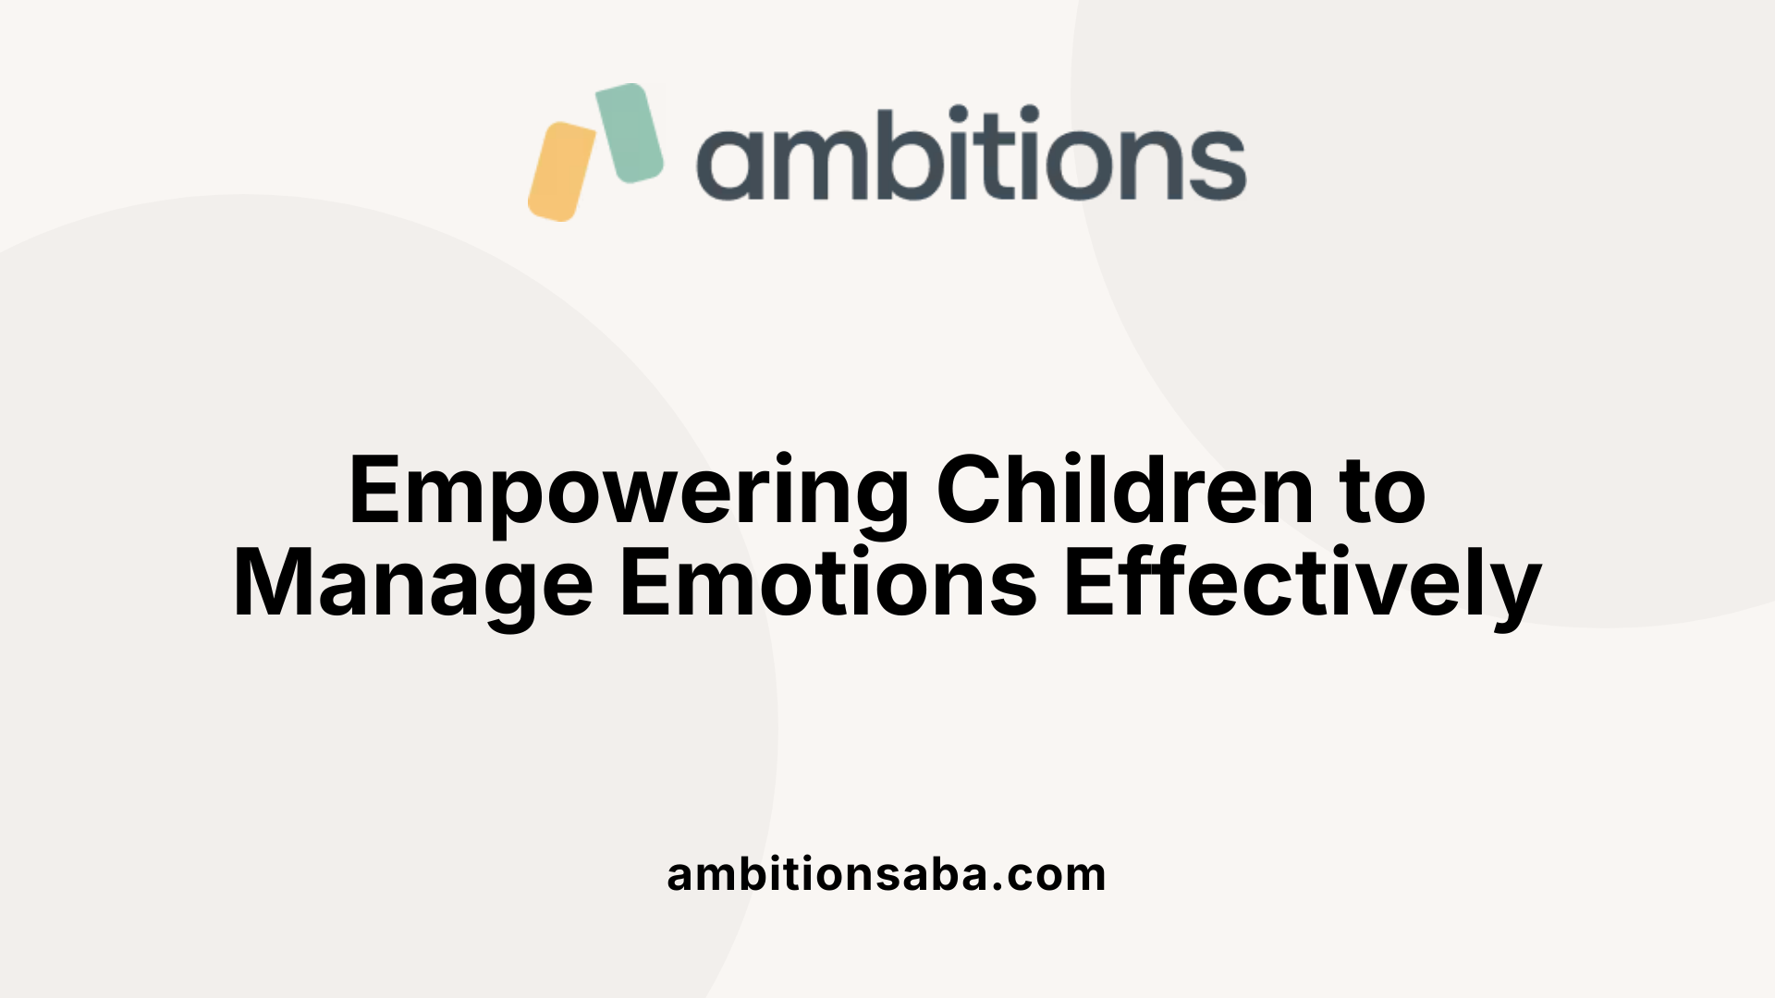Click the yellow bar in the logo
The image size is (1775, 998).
point(562,171)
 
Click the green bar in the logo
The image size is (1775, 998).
point(630,133)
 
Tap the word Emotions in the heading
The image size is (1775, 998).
point(828,582)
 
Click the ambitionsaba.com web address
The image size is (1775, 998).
point(887,873)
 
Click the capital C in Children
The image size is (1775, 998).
point(973,490)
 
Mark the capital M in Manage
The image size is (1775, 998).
point(275,583)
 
